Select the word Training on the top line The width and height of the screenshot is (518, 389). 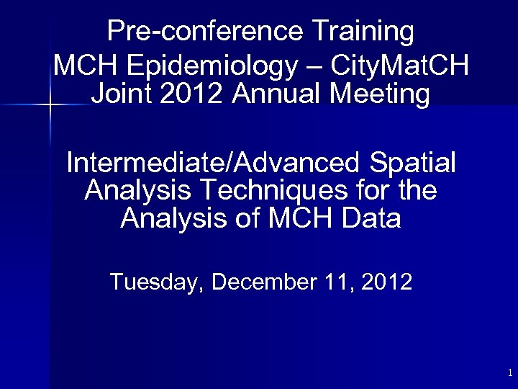[363, 32]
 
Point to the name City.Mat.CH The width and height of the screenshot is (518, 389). [400, 67]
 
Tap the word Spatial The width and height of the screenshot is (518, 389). [410, 163]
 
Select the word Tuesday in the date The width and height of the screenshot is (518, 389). [156, 282]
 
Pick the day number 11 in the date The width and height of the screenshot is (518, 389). [340, 282]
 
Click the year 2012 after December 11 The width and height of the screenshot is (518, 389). [387, 282]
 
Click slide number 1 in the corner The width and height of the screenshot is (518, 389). [509, 373]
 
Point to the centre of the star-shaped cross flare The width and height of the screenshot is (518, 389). [50, 105]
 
